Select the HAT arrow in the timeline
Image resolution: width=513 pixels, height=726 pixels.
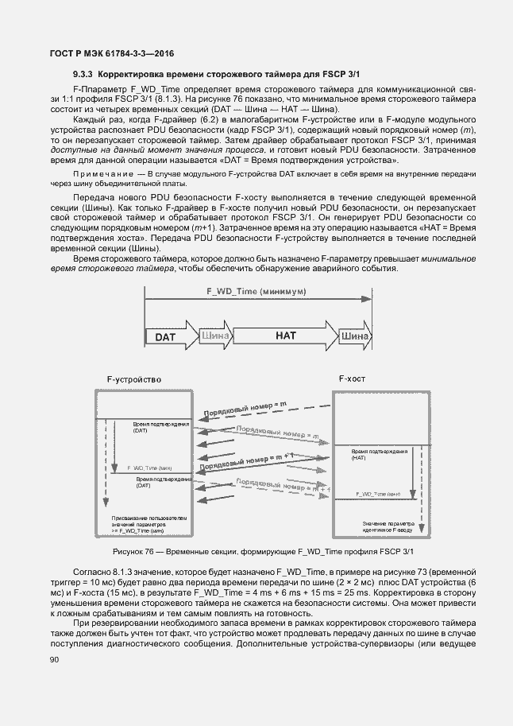[x=286, y=336]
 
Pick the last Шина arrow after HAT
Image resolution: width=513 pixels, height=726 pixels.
[x=354, y=336]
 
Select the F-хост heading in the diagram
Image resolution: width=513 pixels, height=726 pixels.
[x=353, y=380]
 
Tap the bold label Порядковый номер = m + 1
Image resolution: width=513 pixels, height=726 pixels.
[x=247, y=460]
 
